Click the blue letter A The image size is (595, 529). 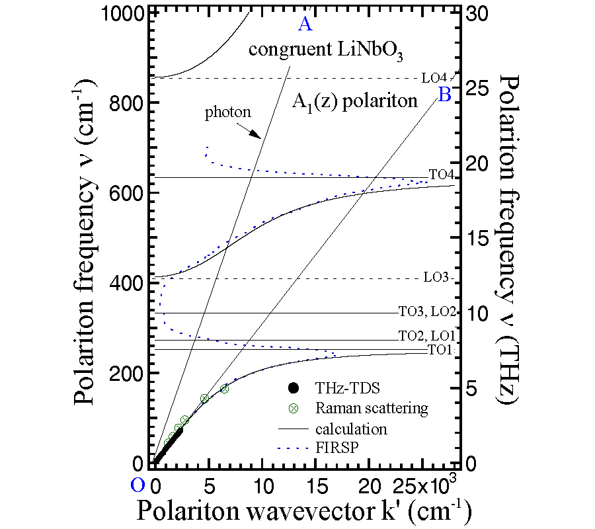pos(305,24)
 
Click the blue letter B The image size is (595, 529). pos(444,95)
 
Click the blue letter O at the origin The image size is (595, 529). pos(138,485)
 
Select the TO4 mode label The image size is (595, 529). pos(441,175)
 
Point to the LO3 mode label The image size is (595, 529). pos(436,278)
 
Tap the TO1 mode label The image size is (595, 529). pos(441,350)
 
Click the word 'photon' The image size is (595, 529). pos(227,112)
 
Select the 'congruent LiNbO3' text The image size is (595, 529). pos(307,50)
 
